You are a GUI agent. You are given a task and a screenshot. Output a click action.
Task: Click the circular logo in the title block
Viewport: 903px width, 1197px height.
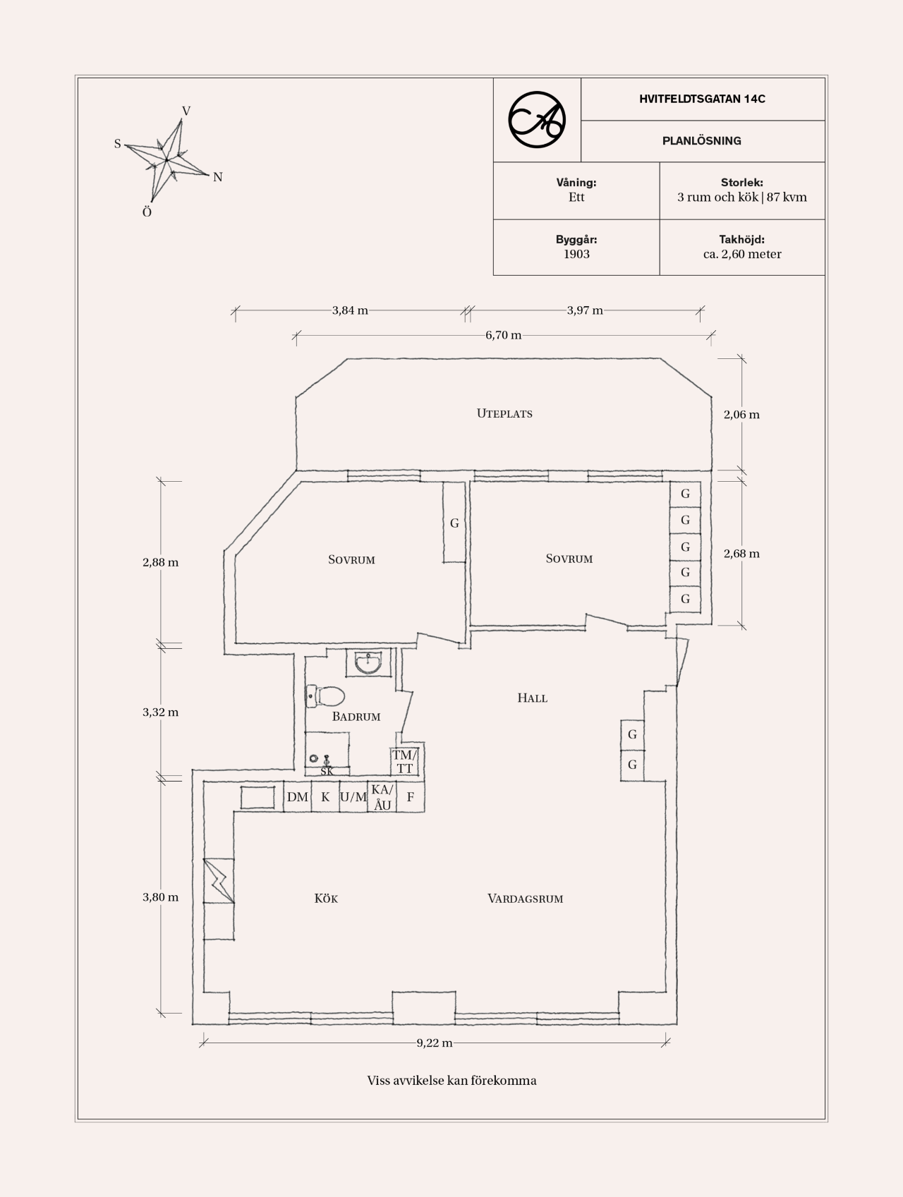point(537,120)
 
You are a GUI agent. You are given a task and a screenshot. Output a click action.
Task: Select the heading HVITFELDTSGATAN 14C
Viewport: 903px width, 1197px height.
point(702,99)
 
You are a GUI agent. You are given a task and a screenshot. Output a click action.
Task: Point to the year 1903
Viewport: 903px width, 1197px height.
point(576,254)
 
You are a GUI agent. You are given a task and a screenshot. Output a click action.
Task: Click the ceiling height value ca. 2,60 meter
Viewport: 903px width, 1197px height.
point(742,254)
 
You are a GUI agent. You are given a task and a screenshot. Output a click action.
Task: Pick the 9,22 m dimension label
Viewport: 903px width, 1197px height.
point(434,1043)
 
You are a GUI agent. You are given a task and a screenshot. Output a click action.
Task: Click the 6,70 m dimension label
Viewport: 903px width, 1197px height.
point(503,335)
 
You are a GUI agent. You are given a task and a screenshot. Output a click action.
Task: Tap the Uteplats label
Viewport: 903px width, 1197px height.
point(504,413)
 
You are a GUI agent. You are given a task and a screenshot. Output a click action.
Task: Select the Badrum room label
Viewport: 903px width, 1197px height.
point(356,717)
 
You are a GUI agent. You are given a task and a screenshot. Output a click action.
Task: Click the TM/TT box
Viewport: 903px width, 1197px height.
point(404,762)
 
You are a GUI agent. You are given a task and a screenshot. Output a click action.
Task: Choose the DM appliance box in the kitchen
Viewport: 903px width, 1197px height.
point(298,797)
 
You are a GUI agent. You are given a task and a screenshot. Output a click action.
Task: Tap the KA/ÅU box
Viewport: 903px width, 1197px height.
point(382,797)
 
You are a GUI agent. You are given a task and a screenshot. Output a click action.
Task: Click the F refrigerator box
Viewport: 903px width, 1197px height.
point(410,797)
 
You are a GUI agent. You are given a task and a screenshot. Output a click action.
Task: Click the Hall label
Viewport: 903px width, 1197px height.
point(533,698)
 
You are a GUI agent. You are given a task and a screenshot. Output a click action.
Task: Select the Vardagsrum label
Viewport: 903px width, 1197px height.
point(526,899)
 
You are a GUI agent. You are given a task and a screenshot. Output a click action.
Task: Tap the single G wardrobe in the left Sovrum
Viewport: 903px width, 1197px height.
point(454,523)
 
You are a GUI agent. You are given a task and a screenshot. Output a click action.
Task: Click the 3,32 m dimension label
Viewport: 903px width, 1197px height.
point(161,712)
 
